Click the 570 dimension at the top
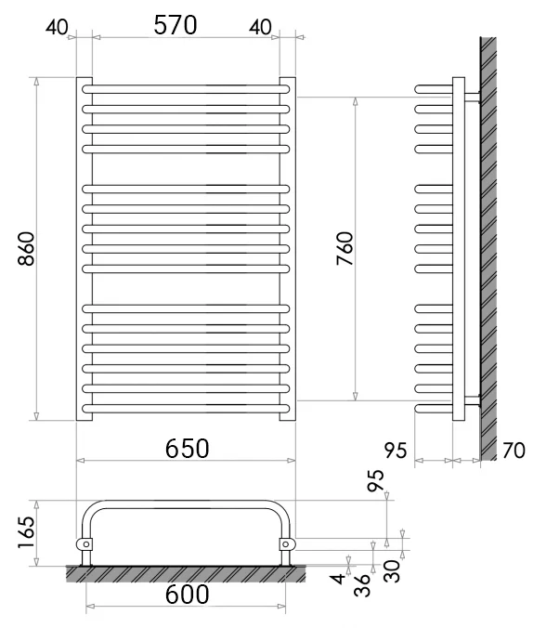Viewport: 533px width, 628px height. (x=175, y=25)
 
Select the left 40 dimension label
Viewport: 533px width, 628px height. (x=57, y=27)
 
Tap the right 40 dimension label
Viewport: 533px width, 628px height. (x=260, y=27)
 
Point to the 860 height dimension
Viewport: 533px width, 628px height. (x=26, y=249)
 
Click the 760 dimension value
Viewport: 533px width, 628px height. (x=345, y=249)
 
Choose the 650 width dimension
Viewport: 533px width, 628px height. (x=187, y=448)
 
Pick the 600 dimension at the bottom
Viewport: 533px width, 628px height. (x=187, y=594)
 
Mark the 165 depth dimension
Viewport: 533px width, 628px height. (x=26, y=532)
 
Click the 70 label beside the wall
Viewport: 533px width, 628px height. (x=513, y=451)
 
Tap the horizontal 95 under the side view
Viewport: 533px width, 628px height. (x=396, y=451)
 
